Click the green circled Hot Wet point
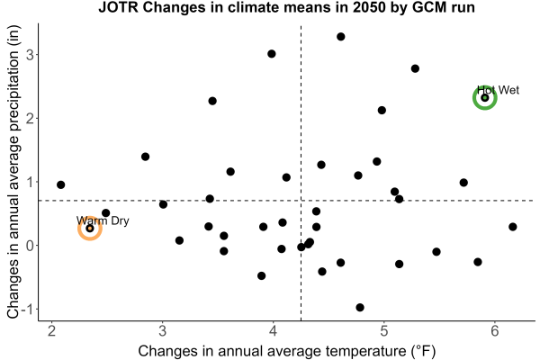click(x=485, y=98)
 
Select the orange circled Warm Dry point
click(x=90, y=228)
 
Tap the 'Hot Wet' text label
click(x=498, y=90)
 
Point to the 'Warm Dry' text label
click(x=103, y=220)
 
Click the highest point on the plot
click(x=340, y=37)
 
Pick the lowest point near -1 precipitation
click(x=360, y=307)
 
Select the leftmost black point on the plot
click(x=60, y=184)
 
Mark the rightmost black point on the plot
click(x=512, y=227)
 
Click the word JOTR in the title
click(x=118, y=7)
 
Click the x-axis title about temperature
click(x=287, y=351)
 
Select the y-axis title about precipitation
click(x=13, y=172)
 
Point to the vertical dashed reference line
click(x=301, y=173)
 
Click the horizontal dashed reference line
click(x=286, y=200)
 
